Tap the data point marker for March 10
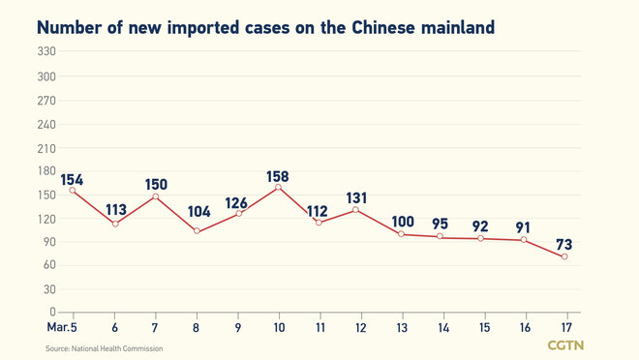point(279,187)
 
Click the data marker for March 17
point(564,256)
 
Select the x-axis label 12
point(360,327)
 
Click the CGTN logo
point(566,345)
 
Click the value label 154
point(72,179)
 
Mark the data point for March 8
point(197,230)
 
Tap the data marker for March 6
point(115,224)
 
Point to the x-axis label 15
point(482,327)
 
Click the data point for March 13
point(401,234)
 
